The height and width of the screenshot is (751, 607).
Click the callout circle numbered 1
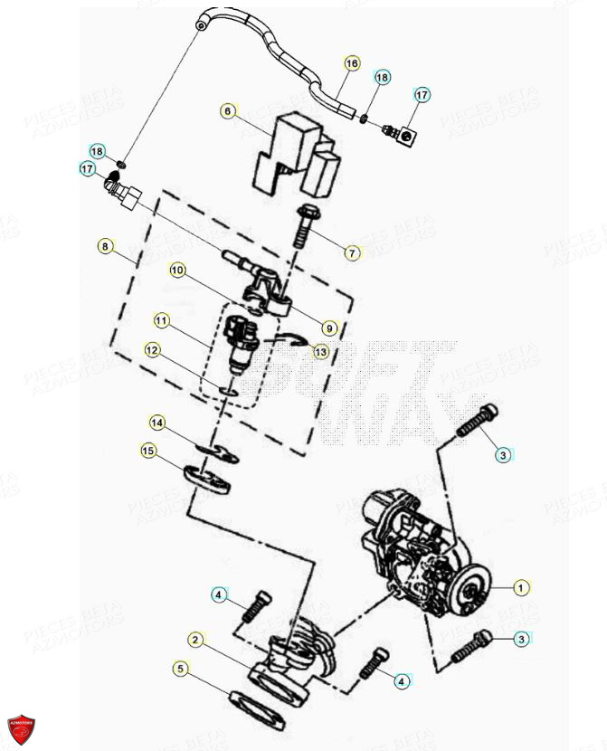click(520, 588)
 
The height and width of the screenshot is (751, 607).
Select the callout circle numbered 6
click(228, 111)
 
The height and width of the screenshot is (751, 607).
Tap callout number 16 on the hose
click(352, 63)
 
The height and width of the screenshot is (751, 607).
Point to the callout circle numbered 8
click(106, 245)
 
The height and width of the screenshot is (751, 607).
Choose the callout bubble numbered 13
click(321, 351)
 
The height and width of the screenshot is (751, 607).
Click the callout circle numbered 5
click(180, 669)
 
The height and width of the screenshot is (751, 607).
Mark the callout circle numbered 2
click(194, 640)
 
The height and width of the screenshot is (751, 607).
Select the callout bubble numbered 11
click(161, 320)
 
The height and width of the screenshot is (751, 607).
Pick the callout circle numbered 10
click(176, 270)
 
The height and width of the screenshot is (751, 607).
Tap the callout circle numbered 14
click(157, 423)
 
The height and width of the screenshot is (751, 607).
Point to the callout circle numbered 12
click(152, 349)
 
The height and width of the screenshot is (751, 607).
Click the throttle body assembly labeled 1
click(416, 552)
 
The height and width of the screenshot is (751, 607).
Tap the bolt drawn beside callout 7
click(302, 226)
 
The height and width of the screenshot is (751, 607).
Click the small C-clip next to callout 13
click(291, 340)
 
